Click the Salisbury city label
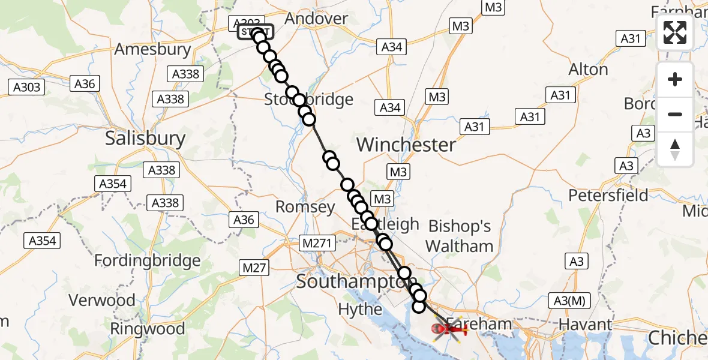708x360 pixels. coord(145,139)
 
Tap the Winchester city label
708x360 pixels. coord(406,145)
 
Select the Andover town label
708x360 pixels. coord(316,19)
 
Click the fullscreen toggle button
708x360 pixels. coord(675,32)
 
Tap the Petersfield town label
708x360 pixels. coord(608,195)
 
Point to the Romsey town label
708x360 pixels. coord(305,208)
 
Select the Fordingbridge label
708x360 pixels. coord(148,261)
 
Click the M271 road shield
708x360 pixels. coord(316,243)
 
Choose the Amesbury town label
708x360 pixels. coord(152,49)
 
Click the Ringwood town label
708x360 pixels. coord(148,329)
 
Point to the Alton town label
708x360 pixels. coord(588,70)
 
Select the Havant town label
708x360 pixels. coord(586,325)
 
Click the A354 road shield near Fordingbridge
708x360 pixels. coord(43,241)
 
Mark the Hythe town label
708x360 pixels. coord(360,309)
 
